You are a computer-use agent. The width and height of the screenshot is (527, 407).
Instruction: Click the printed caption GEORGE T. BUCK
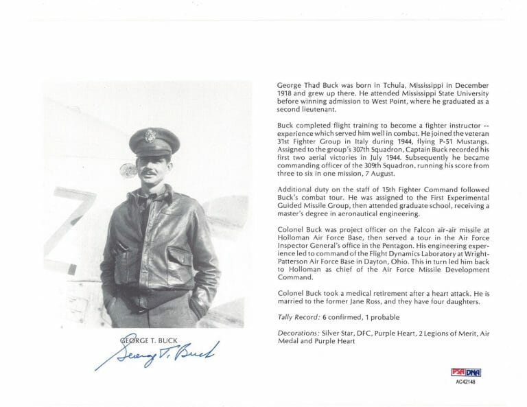pyautogui.click(x=147, y=340)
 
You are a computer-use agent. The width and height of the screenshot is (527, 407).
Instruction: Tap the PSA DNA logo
pyautogui.click(x=466, y=372)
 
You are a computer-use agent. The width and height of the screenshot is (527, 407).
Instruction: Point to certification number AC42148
pyautogui.click(x=465, y=382)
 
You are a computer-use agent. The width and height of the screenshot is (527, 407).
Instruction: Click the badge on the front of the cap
pyautogui.click(x=150, y=135)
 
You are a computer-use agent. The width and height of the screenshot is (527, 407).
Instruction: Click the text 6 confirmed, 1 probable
pyautogui.click(x=357, y=316)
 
